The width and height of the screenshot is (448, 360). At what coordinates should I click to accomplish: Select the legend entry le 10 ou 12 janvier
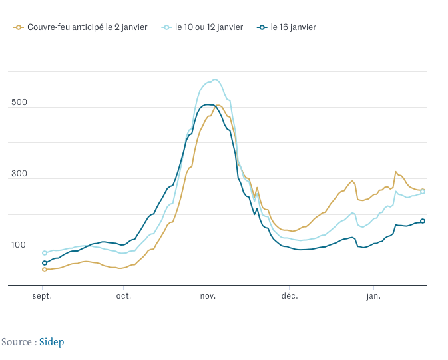point(209,27)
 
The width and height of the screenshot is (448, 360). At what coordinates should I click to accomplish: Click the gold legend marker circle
point(19,27)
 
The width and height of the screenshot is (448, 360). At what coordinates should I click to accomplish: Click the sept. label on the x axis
point(43,295)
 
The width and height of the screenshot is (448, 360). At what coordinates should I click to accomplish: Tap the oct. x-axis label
point(124,295)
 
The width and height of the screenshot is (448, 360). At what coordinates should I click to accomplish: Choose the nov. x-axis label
point(207,295)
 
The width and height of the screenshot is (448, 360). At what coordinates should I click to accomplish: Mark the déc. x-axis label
point(290,295)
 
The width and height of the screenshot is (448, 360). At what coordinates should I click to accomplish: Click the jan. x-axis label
point(373,295)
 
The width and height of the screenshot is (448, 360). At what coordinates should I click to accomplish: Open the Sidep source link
point(51,342)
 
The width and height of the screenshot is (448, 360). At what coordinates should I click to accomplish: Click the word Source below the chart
point(17,342)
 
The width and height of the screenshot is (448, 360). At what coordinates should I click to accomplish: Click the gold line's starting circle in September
point(45,270)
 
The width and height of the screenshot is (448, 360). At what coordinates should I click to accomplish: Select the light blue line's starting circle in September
point(45,253)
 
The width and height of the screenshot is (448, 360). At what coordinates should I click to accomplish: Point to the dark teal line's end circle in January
point(423,221)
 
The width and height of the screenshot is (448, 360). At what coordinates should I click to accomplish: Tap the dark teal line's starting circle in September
point(45,263)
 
